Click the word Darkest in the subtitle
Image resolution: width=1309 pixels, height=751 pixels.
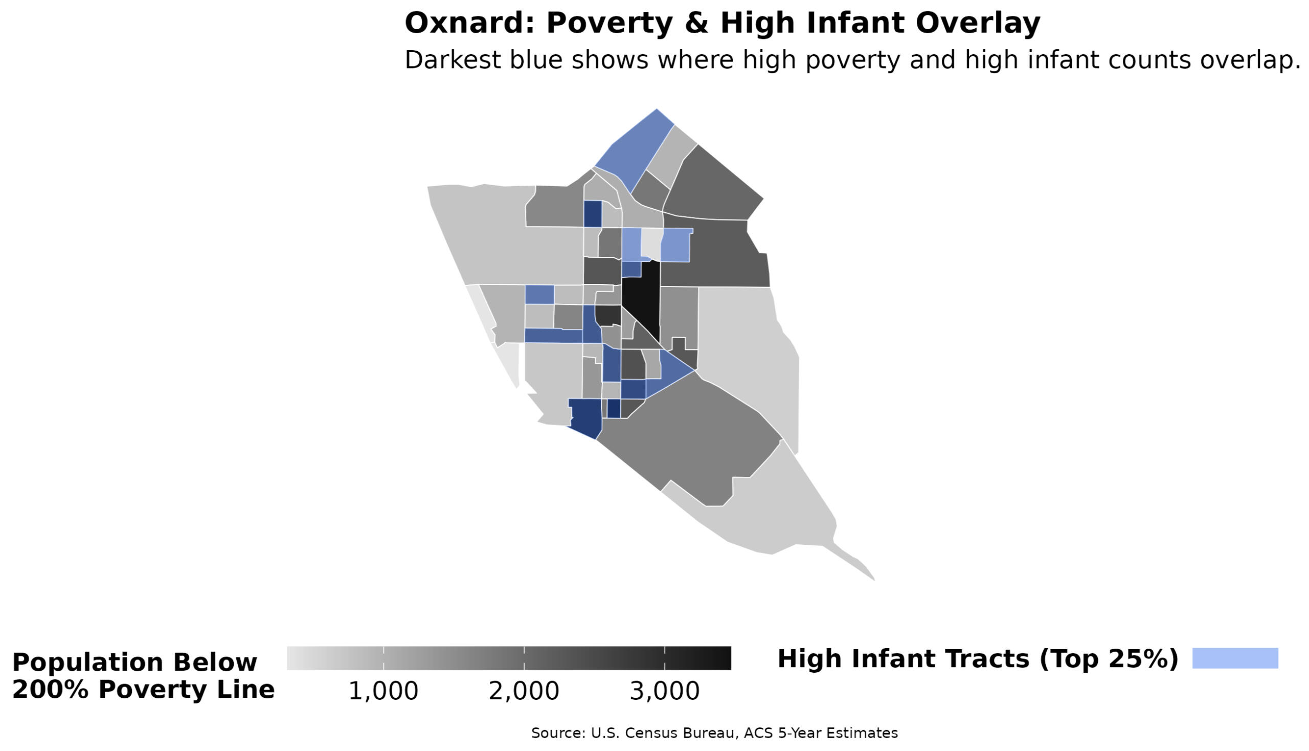[452, 60]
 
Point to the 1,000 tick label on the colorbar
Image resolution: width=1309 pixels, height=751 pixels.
[383, 691]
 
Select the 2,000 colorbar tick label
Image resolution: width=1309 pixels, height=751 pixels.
[524, 691]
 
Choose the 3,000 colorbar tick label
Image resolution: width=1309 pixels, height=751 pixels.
[665, 691]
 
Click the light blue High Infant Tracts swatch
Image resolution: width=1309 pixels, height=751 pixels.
[1235, 658]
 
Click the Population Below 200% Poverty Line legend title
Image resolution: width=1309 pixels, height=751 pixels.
[143, 676]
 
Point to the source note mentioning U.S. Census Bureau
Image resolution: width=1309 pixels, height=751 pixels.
[714, 733]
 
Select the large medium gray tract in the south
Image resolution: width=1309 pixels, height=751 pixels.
[696, 438]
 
